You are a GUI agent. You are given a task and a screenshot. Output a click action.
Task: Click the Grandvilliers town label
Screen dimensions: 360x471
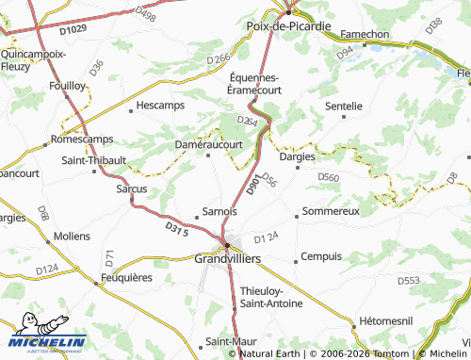click(x=227, y=257)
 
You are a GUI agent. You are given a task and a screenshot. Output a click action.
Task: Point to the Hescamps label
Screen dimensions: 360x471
click(x=160, y=106)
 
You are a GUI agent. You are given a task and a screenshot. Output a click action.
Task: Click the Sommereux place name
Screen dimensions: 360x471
click(x=332, y=211)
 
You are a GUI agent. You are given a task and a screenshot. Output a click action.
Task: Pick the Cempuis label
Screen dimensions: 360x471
click(x=321, y=257)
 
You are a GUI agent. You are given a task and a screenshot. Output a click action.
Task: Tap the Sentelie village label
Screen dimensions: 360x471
click(x=343, y=106)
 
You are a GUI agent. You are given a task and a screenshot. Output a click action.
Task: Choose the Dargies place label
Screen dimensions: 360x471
click(x=298, y=156)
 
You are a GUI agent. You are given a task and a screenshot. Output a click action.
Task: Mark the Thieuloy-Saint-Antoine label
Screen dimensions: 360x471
click(x=271, y=296)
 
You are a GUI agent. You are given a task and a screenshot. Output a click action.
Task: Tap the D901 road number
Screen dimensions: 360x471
click(x=253, y=187)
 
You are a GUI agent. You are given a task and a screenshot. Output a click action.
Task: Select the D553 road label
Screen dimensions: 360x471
click(x=408, y=281)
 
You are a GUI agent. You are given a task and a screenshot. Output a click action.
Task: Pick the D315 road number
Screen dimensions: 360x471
click(x=177, y=229)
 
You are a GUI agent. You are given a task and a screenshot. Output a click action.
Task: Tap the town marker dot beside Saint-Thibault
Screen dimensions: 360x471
click(x=94, y=172)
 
